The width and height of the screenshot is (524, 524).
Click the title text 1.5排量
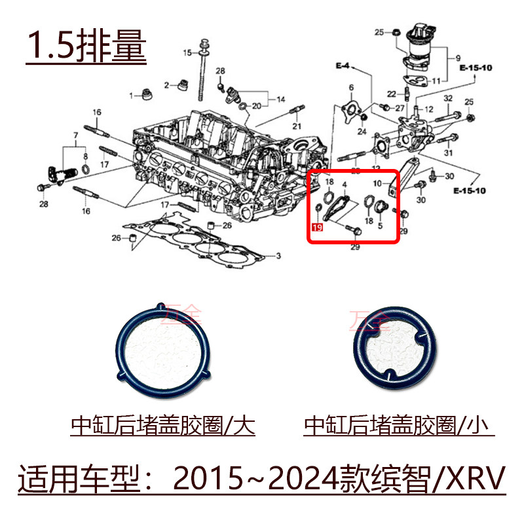(86, 44)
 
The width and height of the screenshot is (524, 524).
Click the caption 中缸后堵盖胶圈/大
(162, 426)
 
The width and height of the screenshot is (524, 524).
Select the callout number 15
(186, 52)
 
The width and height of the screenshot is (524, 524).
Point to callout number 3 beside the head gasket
(278, 255)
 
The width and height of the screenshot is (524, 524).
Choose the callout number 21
(296, 126)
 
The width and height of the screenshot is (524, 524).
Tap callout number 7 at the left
(76, 135)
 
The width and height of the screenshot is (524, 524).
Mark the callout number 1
(131, 95)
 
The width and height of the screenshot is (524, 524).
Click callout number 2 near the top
(167, 85)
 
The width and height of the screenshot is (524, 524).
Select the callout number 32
(448, 98)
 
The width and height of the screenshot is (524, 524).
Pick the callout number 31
(448, 153)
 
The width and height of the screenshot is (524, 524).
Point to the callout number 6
(351, 87)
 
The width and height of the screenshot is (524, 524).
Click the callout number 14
(281, 100)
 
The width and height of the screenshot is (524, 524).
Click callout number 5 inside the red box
(380, 225)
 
